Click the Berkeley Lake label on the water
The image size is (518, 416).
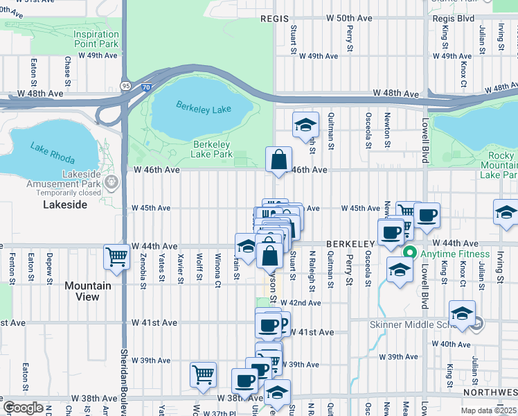pos(202,107)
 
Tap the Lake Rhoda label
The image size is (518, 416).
pos(52,151)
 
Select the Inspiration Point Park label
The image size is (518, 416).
pos(96,39)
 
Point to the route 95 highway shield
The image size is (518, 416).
pos(125,85)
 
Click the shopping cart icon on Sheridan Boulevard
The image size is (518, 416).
pos(117,257)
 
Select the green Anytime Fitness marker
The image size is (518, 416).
pos(410,253)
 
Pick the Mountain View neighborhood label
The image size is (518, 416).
pos(87,291)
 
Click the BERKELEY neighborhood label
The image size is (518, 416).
pos(350,244)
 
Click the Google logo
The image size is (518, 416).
pos(23,408)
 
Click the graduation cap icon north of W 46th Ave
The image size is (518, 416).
pos(305,125)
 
